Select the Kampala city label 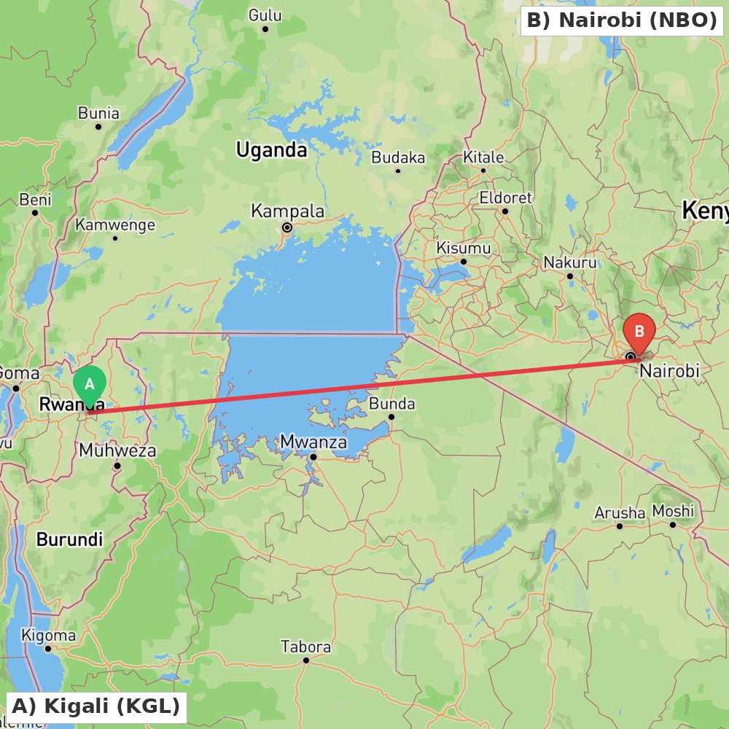pyautogui.click(x=288, y=211)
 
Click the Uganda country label pyautogui.click(x=271, y=150)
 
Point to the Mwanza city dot pyautogui.click(x=313, y=457)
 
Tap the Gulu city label pyautogui.click(x=265, y=15)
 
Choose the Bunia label pyautogui.click(x=98, y=113)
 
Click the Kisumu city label pyautogui.click(x=463, y=248)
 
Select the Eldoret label pyautogui.click(x=505, y=198)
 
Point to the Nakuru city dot pyautogui.click(x=570, y=276)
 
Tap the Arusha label pyautogui.click(x=620, y=512)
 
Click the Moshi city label pyautogui.click(x=673, y=511)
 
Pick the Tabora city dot pyautogui.click(x=306, y=660)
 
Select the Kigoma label pyautogui.click(x=48, y=636)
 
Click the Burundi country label pyautogui.click(x=69, y=540)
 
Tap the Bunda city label pyautogui.click(x=391, y=404)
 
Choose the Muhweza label pyautogui.click(x=117, y=451)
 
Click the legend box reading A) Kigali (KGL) pyautogui.click(x=96, y=706)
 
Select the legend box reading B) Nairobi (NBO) pyautogui.click(x=622, y=20)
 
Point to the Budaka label pyautogui.click(x=398, y=157)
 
